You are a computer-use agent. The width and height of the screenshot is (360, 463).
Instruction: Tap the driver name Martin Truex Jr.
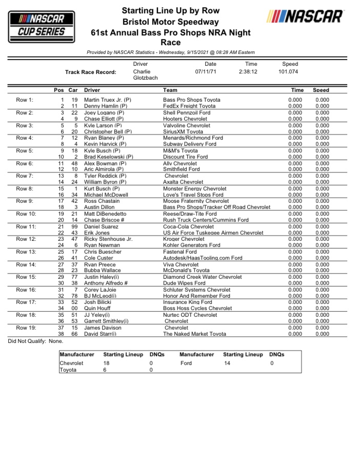tap(108, 100)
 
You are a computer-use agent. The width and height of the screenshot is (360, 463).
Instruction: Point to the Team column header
tap(170, 90)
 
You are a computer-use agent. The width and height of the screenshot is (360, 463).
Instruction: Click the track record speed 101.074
tap(289, 72)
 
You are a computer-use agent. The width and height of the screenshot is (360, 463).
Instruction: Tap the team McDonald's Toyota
tap(186, 271)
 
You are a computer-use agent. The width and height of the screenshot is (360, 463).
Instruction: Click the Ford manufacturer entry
tap(186, 363)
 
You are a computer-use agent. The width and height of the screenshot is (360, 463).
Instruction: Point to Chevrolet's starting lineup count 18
tap(107, 363)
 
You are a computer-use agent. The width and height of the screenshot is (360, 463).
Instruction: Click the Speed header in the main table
tap(321, 90)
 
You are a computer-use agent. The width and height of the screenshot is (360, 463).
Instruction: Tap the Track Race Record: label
tap(90, 72)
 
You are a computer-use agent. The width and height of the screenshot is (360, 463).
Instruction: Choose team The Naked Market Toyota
tap(194, 334)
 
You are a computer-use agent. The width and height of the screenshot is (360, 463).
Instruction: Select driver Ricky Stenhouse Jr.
tap(108, 239)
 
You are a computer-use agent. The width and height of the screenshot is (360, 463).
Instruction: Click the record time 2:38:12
tap(248, 72)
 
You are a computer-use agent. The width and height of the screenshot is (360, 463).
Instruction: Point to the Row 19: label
tap(26, 327)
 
